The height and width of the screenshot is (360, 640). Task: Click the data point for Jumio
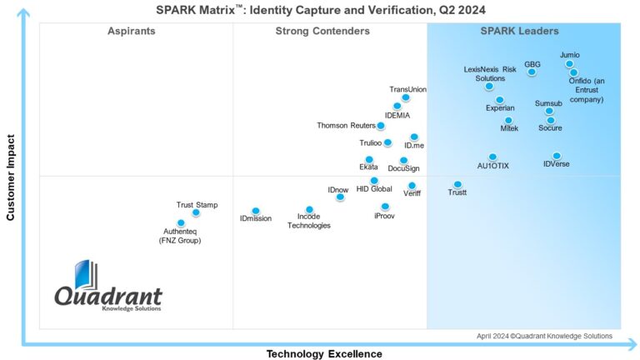click(x=569, y=64)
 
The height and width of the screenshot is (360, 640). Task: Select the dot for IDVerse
click(x=557, y=156)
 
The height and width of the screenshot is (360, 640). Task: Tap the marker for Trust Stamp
click(x=196, y=212)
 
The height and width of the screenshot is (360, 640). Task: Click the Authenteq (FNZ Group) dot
click(x=181, y=223)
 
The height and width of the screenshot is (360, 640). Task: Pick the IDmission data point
click(x=255, y=211)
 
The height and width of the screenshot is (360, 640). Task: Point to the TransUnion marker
click(x=406, y=97)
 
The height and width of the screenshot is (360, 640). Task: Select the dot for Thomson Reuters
click(x=381, y=126)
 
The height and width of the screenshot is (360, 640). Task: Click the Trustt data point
click(x=457, y=184)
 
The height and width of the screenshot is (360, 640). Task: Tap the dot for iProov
click(x=385, y=207)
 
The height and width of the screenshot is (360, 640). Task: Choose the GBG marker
click(x=532, y=72)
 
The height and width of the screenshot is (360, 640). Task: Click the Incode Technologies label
click(x=309, y=221)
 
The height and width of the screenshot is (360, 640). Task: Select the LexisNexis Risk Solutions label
click(x=490, y=73)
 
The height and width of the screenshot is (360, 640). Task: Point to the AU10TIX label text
click(x=492, y=166)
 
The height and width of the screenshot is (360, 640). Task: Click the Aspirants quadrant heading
click(x=132, y=31)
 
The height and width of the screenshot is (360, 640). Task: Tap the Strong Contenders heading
click(x=322, y=31)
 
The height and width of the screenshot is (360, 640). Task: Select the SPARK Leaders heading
click(x=520, y=31)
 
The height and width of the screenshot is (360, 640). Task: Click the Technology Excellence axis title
click(x=324, y=353)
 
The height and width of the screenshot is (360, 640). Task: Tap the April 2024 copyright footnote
click(x=544, y=336)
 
